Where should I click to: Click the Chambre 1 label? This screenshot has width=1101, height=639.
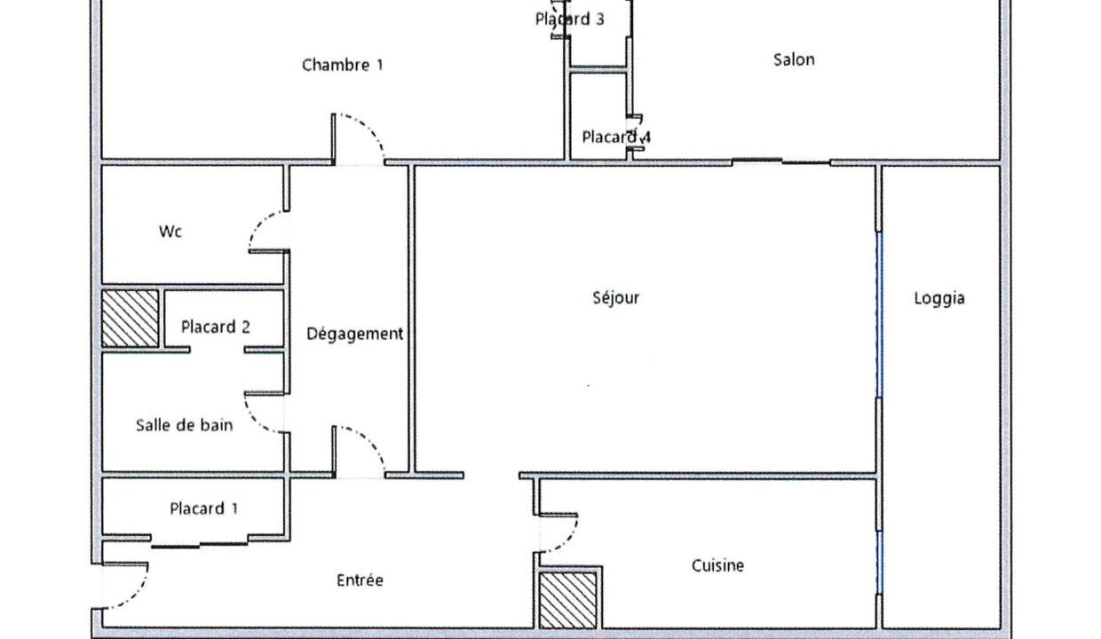(343, 65)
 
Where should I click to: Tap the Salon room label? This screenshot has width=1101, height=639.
(794, 59)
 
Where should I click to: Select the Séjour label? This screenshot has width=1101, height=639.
(616, 297)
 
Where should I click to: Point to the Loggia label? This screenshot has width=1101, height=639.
(939, 298)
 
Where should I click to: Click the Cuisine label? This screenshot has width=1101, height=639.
(717, 565)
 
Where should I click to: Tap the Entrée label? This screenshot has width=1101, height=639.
(360, 580)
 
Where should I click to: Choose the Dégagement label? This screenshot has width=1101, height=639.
(354, 334)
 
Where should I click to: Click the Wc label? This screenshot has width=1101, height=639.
(170, 232)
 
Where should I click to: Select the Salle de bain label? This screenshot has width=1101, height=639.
(185, 425)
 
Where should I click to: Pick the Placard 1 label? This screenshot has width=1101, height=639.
(204, 509)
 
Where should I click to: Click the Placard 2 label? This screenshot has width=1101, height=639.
(215, 327)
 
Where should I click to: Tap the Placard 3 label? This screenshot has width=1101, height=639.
(570, 20)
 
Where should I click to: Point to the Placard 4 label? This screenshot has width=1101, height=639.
(616, 137)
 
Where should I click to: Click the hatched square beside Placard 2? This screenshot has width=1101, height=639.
(131, 319)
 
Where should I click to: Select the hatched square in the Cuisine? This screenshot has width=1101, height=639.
(567, 600)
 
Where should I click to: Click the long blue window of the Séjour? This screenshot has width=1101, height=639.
(879, 314)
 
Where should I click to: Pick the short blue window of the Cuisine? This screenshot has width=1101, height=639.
(879, 563)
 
